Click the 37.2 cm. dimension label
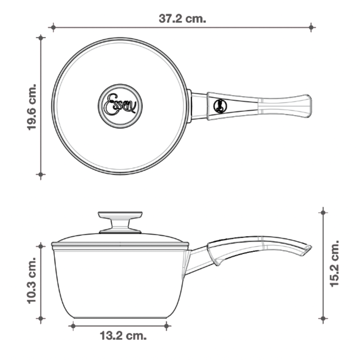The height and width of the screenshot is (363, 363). point(182,18)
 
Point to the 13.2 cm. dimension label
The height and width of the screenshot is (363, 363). point(123,335)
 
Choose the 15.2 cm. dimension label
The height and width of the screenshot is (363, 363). point(334,263)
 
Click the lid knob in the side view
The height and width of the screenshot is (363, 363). point(120,222)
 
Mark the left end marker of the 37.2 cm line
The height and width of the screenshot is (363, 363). point(53,27)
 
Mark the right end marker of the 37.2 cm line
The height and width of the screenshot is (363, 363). point(311,27)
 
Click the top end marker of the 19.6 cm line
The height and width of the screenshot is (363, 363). point(41,38)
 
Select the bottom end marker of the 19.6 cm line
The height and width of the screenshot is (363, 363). point(41,174)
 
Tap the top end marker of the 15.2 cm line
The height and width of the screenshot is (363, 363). point(323,212)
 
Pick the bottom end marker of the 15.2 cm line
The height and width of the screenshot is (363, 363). point(323,318)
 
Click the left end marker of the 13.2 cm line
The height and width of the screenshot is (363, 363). point(73,326)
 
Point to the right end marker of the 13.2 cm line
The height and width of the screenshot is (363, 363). point(166,326)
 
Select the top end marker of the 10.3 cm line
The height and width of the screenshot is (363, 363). point(41,246)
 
